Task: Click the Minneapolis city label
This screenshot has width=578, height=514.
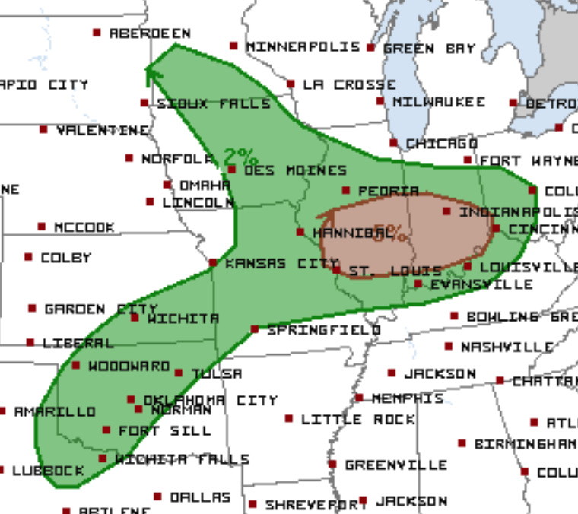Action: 303,47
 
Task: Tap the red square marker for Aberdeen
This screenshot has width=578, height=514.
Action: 97,32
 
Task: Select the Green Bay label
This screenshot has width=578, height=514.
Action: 429,48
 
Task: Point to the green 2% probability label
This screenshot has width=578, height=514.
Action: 240,156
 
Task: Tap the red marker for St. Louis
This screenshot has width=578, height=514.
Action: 336,269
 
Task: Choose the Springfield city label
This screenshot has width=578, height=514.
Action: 324,330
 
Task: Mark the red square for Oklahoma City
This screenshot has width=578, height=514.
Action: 131,399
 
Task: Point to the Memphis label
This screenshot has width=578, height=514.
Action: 407,398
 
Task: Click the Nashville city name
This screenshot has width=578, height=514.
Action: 507,347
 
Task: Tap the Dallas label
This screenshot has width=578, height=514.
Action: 200,497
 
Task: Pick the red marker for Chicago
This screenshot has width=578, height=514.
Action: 393,143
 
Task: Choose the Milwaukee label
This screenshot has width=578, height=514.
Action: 439,101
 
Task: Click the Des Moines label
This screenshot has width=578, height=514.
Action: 295,170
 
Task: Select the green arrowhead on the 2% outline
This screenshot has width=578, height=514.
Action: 149,73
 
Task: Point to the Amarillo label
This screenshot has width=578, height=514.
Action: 55,411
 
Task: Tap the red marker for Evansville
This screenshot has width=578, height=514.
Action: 418,284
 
